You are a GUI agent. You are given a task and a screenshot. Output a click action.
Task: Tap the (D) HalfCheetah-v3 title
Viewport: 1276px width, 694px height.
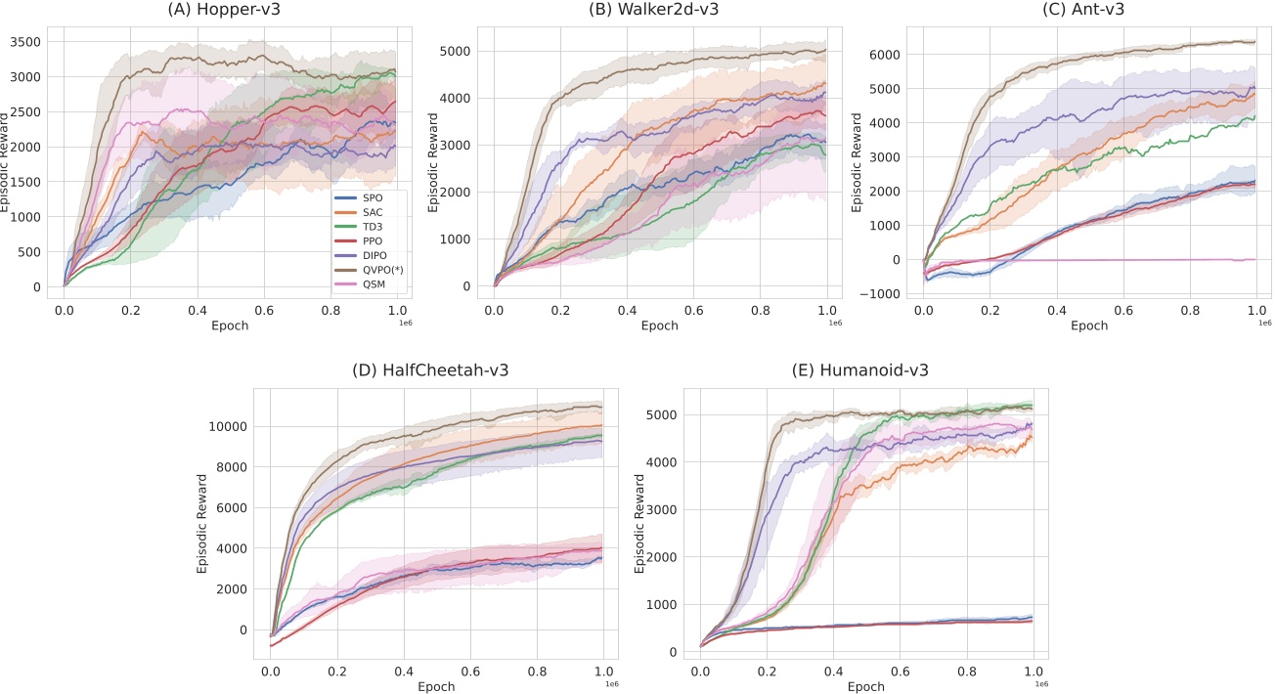430,371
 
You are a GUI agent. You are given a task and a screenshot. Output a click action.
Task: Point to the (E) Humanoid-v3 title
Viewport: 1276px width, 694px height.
860,371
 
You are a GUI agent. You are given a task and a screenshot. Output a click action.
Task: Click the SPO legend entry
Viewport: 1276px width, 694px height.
371,198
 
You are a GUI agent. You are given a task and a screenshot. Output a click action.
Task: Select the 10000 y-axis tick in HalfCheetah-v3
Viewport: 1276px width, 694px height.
227,426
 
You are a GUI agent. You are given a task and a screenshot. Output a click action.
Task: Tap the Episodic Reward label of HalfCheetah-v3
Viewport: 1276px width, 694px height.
202,523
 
